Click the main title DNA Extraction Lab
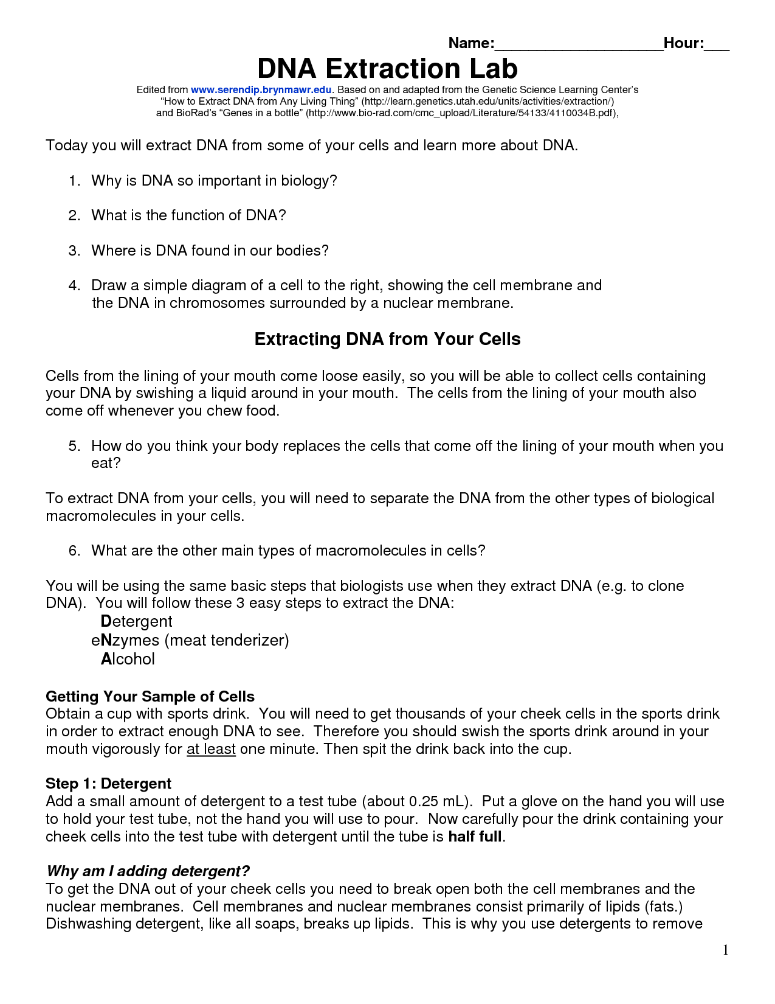(387, 68)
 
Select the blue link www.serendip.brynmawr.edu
(261, 89)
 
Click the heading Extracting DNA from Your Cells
(387, 339)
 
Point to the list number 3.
(74, 251)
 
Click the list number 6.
(74, 551)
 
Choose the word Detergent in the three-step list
(136, 621)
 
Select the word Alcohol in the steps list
(128, 659)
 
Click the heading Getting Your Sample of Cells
(150, 696)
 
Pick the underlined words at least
(211, 749)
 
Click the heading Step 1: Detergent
(108, 784)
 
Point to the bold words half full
(475, 837)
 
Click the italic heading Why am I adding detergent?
(148, 871)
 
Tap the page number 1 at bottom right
(725, 950)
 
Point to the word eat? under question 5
(106, 463)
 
